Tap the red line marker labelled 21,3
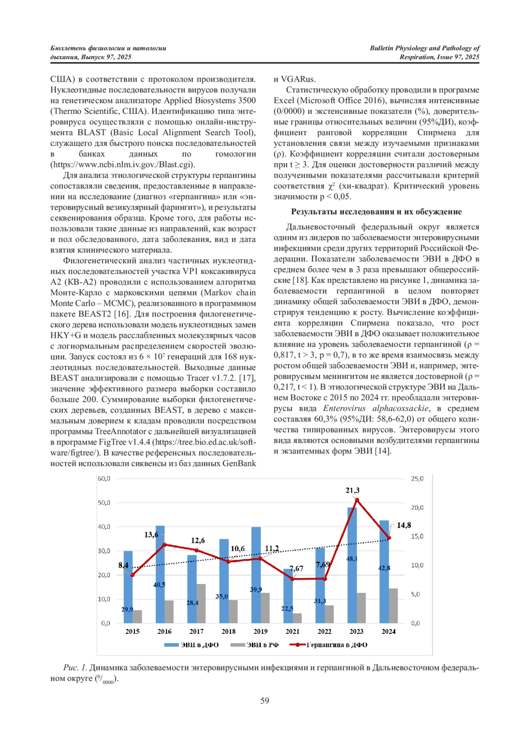357,500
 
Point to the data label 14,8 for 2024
404,525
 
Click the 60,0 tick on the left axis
104,478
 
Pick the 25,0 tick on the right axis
417,478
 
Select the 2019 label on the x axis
261,632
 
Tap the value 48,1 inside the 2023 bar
352,559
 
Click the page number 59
265,701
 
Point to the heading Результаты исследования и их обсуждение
376,212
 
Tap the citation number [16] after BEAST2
121,314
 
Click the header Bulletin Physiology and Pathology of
424,48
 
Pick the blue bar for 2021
288,596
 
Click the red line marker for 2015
132,575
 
